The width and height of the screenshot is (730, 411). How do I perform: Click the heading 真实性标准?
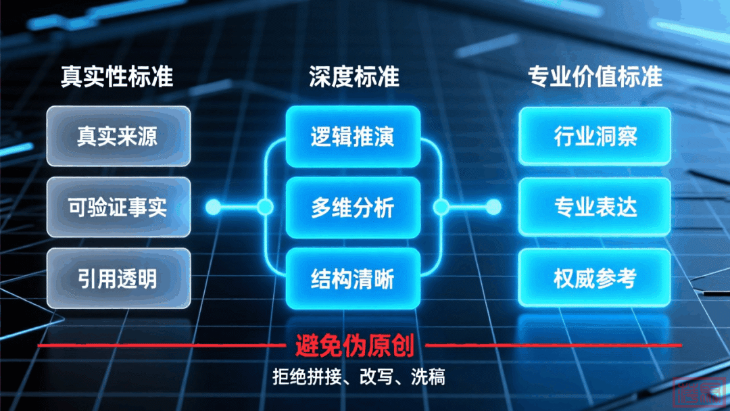(117, 76)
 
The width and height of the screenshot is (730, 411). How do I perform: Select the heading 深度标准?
(354, 76)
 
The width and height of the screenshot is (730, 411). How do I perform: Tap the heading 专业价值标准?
(595, 76)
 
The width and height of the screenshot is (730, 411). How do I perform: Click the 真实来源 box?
(118, 137)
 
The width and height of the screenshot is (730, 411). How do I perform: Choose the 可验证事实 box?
(118, 207)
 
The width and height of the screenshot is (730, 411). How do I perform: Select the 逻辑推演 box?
(352, 137)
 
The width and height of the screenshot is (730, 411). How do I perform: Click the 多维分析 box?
(352, 207)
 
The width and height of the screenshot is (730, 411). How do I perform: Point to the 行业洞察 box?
(595, 137)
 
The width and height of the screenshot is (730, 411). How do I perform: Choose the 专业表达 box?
(595, 207)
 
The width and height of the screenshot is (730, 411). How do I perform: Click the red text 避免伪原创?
(354, 345)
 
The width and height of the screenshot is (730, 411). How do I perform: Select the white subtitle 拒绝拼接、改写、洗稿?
(358, 377)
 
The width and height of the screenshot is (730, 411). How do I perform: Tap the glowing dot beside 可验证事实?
(214, 207)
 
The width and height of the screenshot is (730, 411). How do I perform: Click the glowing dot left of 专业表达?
(494, 207)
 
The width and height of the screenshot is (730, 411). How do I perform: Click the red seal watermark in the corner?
(697, 391)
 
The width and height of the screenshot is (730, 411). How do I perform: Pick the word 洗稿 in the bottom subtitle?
(429, 377)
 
